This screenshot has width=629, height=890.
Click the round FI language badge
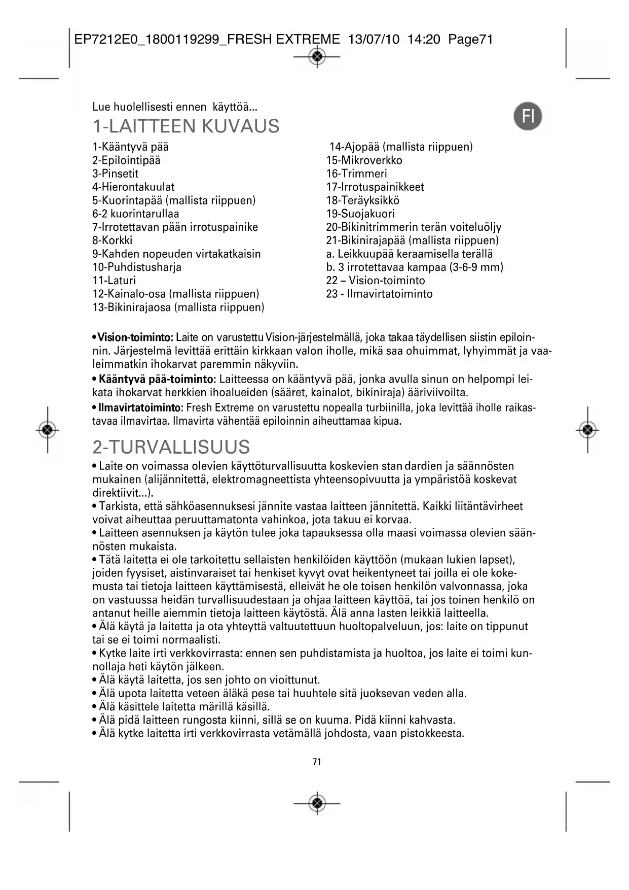[x=528, y=117]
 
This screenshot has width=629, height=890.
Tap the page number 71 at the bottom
[x=317, y=762]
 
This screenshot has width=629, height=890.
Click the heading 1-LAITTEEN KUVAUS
[x=186, y=126]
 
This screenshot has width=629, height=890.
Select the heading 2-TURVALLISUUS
[x=171, y=447]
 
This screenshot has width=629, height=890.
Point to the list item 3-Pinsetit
[x=115, y=174]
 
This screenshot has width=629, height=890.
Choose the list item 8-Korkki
[x=112, y=241]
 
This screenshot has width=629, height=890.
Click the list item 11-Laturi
[x=114, y=281]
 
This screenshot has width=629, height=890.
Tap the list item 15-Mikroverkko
[x=364, y=160]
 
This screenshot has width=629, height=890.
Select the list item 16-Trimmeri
[x=356, y=174]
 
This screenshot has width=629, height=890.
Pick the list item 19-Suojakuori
[x=360, y=214]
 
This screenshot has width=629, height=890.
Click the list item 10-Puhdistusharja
[x=137, y=267]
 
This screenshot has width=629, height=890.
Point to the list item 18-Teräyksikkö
[x=363, y=200]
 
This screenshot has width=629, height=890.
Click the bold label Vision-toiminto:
[x=135, y=338]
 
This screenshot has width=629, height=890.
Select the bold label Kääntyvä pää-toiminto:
[x=158, y=379]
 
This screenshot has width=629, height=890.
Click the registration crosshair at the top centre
[x=317, y=57]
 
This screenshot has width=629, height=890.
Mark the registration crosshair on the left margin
[x=48, y=430]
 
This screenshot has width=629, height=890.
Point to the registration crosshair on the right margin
[x=587, y=430]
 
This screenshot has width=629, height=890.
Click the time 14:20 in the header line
[x=424, y=40]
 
